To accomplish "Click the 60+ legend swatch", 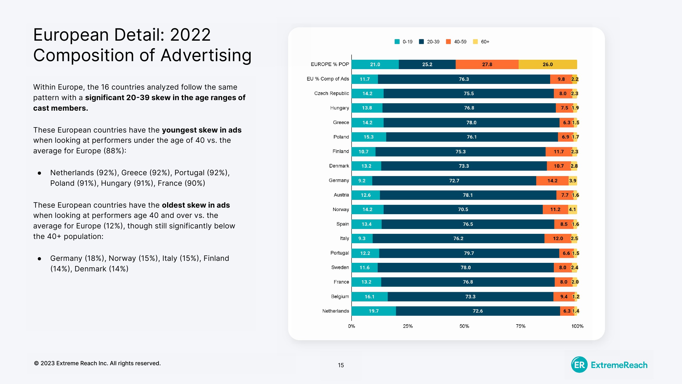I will [475, 42].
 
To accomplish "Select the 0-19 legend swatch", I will [397, 42].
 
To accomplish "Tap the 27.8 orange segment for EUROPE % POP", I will [487, 65].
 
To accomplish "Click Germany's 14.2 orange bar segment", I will [552, 181].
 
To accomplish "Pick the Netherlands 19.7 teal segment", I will [374, 311].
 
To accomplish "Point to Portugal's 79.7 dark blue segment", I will [469, 253].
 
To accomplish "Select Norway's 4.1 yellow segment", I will [572, 210].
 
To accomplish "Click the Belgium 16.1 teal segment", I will [369, 297].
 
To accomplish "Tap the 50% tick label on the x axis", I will [464, 326].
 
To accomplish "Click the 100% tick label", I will [577, 326].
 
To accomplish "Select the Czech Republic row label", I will [331, 94].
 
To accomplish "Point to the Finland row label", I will [340, 151].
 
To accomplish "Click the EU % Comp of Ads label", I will [328, 79].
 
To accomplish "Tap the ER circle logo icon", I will [579, 365].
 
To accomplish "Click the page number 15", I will [341, 365].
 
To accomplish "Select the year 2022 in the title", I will [190, 35].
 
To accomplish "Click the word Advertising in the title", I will [206, 55].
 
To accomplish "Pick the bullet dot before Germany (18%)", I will [39, 259].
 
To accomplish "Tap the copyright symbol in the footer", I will [36, 363].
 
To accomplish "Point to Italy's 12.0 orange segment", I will [558, 239].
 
